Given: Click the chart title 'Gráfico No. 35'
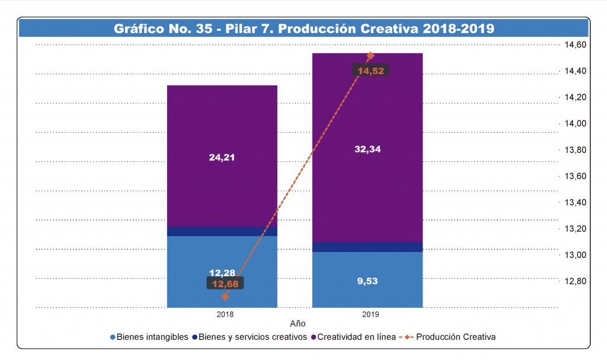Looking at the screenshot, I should (303, 28).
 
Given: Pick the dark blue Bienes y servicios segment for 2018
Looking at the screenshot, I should (222, 231).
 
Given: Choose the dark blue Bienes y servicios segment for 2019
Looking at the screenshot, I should (367, 247).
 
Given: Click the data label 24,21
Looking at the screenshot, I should (222, 158).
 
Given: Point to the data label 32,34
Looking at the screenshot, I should (367, 149).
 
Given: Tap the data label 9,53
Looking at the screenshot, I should (367, 281).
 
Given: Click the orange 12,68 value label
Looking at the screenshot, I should (225, 283).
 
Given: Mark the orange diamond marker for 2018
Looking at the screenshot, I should (225, 297).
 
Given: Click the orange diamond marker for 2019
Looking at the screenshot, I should (370, 56).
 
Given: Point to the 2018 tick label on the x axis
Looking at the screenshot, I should (225, 314).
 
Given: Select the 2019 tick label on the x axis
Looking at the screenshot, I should (370, 314).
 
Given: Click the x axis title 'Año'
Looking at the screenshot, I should (298, 324).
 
